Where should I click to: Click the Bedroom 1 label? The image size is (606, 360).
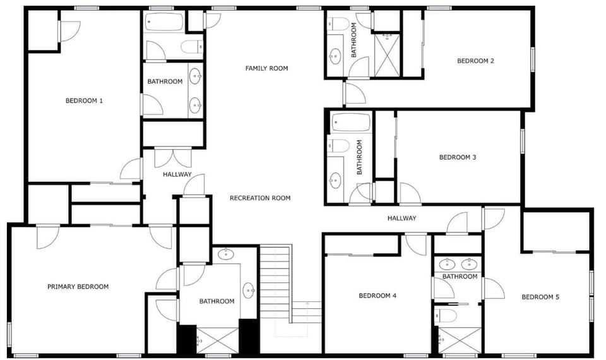pyautogui.click(x=84, y=101)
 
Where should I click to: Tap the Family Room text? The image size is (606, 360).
pyautogui.click(x=266, y=68)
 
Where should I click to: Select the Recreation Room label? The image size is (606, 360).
pyautogui.click(x=260, y=198)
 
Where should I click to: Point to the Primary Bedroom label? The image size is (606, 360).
pyautogui.click(x=78, y=287)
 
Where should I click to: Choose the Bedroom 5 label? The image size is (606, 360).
pyautogui.click(x=540, y=297)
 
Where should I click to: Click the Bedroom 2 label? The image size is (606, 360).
pyautogui.click(x=475, y=61)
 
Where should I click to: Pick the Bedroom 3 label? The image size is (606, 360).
pyautogui.click(x=458, y=157)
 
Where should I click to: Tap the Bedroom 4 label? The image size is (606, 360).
pyautogui.click(x=377, y=296)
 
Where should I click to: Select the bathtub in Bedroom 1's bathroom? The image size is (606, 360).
pyautogui.click(x=164, y=23)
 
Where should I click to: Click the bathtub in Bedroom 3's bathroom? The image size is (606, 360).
pyautogui.click(x=351, y=123)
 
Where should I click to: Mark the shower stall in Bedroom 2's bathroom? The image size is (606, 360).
pyautogui.click(x=387, y=56)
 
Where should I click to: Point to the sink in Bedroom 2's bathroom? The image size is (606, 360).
pyautogui.click(x=335, y=56)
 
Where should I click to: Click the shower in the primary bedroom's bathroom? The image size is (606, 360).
pyautogui.click(x=218, y=340)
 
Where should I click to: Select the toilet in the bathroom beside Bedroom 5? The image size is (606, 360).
pyautogui.click(x=446, y=316)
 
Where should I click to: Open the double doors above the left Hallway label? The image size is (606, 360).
pyautogui.click(x=173, y=158)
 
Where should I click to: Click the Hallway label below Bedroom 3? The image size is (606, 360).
pyautogui.click(x=402, y=218)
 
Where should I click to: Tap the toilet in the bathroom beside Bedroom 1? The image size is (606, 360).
pyautogui.click(x=192, y=47)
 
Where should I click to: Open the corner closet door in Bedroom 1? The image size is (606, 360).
pyautogui.click(x=69, y=32)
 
